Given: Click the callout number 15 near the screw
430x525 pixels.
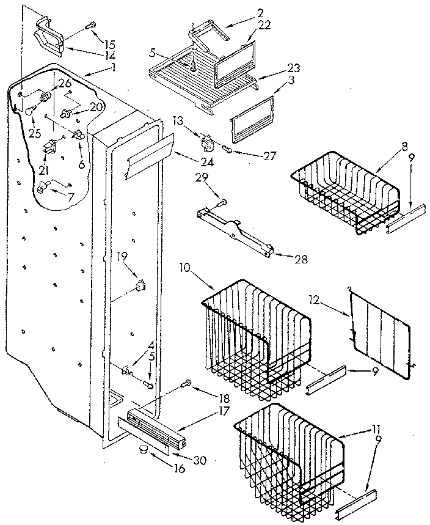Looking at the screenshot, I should click(110, 44).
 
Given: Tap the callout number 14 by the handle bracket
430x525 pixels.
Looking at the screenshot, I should click(110, 55).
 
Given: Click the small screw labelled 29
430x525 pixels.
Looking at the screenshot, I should click(222, 201).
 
